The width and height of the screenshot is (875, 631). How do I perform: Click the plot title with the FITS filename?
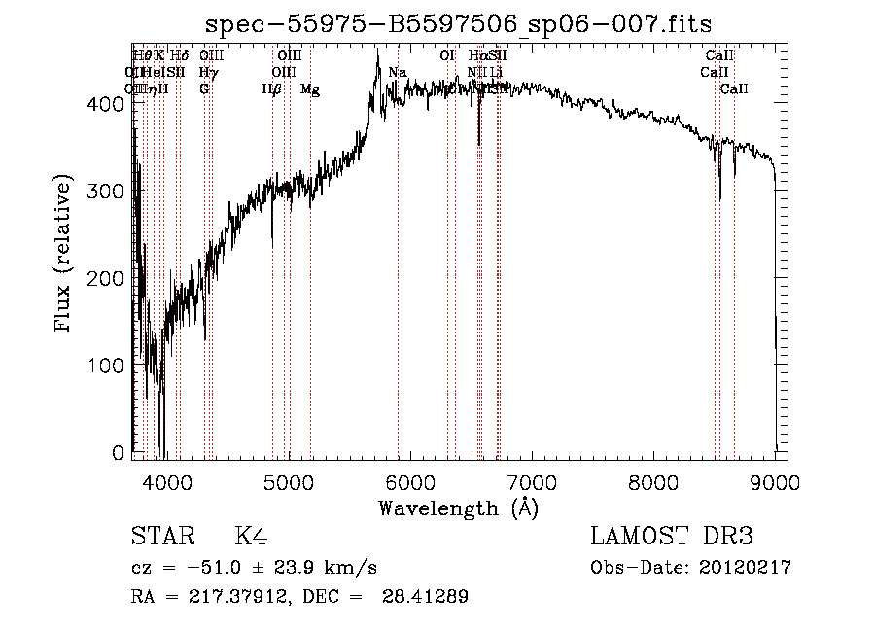pyautogui.click(x=464, y=24)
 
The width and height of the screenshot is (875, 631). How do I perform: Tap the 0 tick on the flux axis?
pyautogui.click(x=119, y=453)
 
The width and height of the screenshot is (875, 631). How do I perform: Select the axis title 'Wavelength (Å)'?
pyautogui.click(x=458, y=508)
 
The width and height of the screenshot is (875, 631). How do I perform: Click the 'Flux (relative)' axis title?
pyautogui.click(x=65, y=255)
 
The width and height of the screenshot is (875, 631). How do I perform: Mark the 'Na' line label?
pyautogui.click(x=398, y=72)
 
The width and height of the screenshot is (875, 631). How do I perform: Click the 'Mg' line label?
pyautogui.click(x=310, y=89)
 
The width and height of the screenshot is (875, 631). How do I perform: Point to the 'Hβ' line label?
pyautogui.click(x=272, y=89)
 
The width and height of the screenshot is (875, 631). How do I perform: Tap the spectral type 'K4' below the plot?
pyautogui.click(x=251, y=537)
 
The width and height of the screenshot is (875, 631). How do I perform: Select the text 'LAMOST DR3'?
pyautogui.click(x=672, y=537)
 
